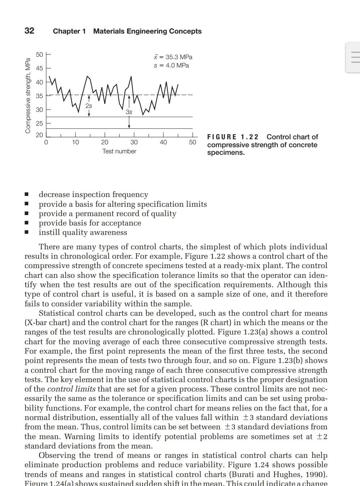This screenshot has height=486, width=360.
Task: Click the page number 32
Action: click(x=30, y=31)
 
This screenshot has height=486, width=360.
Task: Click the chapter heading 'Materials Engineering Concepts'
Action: click(x=147, y=31)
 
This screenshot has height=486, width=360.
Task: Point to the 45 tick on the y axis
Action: click(x=39, y=68)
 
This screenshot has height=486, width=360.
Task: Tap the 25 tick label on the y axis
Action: click(x=39, y=123)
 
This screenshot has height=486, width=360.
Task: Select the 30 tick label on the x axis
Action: click(x=134, y=143)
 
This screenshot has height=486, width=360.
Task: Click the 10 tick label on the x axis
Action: click(x=75, y=143)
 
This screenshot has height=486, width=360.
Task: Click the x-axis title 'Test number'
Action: click(x=119, y=152)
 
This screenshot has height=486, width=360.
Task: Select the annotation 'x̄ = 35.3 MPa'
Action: click(x=173, y=57)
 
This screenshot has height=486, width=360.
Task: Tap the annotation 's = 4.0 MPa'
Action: click(x=171, y=65)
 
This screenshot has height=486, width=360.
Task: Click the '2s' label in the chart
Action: click(x=89, y=106)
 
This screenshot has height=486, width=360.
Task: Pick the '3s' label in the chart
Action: click(x=129, y=112)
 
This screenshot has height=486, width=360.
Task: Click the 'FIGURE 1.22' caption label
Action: click(x=233, y=137)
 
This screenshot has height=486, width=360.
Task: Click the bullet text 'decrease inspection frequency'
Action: click(x=93, y=194)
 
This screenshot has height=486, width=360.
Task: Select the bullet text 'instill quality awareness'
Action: click(x=83, y=233)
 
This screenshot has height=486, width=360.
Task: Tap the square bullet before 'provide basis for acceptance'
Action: click(x=26, y=223)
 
